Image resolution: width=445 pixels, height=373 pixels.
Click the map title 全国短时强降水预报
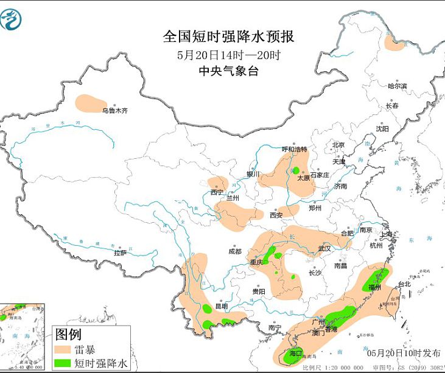pos(228,37)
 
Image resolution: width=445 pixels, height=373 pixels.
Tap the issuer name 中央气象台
pos(228,71)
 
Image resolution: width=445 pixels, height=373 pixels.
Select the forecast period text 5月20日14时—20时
pos(228,55)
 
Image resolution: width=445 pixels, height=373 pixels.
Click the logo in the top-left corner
pos(13,18)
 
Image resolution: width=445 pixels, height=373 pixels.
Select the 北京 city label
pos(338,145)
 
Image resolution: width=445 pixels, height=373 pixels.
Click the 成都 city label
pos(234,251)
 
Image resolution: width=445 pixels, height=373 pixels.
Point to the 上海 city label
pos(385,234)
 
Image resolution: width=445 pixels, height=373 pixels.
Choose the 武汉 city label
pos(324,248)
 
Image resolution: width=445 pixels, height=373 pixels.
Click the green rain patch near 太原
pos(295,170)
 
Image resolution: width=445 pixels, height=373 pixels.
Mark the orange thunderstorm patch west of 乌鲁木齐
pos(89,103)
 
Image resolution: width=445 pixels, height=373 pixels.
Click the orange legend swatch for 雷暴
pos(63,350)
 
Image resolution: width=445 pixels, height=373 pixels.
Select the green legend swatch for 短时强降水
pos(63,363)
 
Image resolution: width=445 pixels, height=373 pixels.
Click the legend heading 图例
pos(68,334)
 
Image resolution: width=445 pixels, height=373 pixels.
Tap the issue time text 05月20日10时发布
pos(404,352)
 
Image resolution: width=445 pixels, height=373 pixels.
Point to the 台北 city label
pos(404,284)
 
